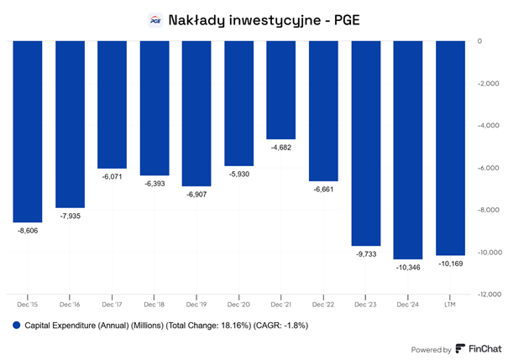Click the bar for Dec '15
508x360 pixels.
coord(28,130)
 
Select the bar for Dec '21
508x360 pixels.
coord(281,90)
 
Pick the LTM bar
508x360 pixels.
coord(450,148)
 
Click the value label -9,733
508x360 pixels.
coord(365,253)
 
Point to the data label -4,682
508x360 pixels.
coord(281,147)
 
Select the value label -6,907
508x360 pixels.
coord(196,194)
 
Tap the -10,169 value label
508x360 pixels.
coord(450,263)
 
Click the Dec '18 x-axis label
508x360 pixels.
coord(154,305)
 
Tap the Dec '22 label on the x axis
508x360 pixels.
coord(323,305)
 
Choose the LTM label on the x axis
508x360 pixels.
coord(450,305)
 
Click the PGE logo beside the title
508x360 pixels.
coord(154,20)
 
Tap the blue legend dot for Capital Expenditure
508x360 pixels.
coord(16,324)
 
